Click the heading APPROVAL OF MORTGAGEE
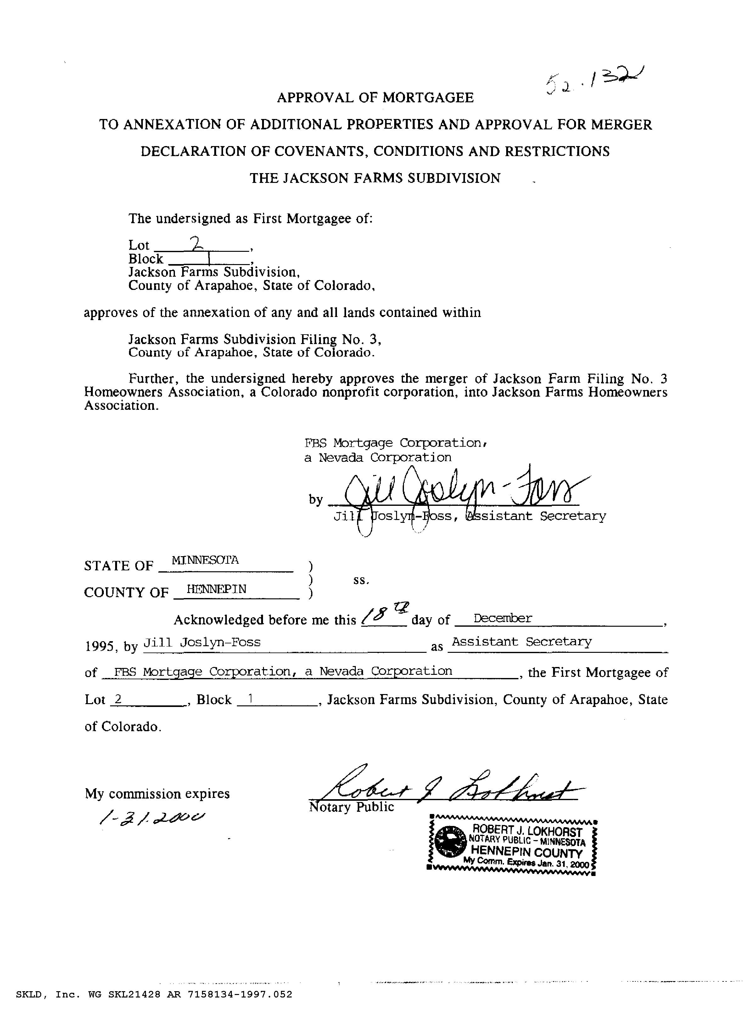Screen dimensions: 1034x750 (375, 98)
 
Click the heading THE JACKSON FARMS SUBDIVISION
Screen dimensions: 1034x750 (375, 178)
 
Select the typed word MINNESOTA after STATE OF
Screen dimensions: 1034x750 (205, 560)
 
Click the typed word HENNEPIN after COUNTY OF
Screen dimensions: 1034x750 (216, 589)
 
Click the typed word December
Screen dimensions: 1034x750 (503, 618)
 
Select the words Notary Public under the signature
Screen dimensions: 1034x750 (351, 807)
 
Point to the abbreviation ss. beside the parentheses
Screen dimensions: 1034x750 (361, 580)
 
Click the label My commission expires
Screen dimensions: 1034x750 (157, 794)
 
